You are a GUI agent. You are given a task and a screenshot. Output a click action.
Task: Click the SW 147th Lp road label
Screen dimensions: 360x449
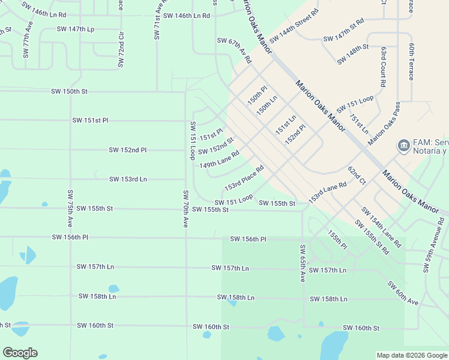(x=76, y=29)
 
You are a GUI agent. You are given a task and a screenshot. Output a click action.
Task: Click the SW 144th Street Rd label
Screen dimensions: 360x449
(x=294, y=26)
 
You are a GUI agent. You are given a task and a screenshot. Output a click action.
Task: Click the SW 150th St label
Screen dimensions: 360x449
(x=70, y=91)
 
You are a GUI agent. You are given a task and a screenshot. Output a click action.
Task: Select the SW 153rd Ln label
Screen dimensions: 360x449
(x=128, y=179)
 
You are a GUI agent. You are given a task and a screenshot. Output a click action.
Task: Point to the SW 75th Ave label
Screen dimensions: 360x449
(x=70, y=208)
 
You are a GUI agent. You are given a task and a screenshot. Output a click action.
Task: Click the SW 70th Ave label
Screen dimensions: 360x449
(x=185, y=209)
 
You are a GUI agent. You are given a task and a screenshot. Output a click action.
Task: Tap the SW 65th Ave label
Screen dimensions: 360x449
(x=303, y=263)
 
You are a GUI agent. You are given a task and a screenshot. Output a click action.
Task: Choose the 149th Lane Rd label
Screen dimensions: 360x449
(x=220, y=159)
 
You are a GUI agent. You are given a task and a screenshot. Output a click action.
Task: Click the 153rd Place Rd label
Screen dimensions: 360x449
(x=244, y=179)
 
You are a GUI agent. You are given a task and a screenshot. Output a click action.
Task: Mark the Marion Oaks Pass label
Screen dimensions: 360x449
(x=384, y=123)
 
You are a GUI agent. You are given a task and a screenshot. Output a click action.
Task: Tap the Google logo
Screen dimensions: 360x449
(x=20, y=353)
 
